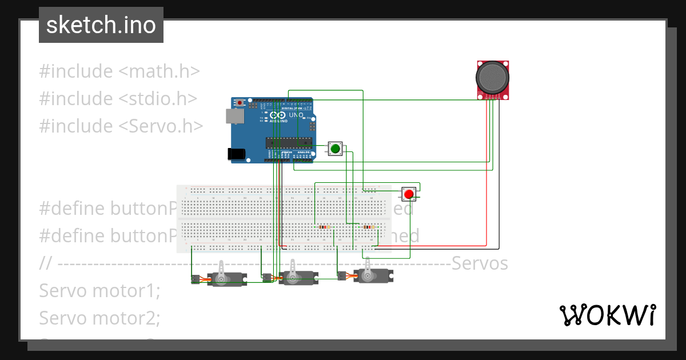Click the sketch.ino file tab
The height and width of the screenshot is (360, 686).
click(101, 25)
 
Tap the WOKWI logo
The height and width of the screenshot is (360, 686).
click(607, 315)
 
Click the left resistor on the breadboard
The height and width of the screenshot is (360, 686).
click(324, 227)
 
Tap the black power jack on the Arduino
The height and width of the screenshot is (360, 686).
click(236, 154)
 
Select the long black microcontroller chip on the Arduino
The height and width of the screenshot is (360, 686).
click(289, 143)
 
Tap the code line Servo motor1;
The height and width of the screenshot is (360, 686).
click(99, 290)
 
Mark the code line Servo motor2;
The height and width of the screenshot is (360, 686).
click(99, 317)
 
